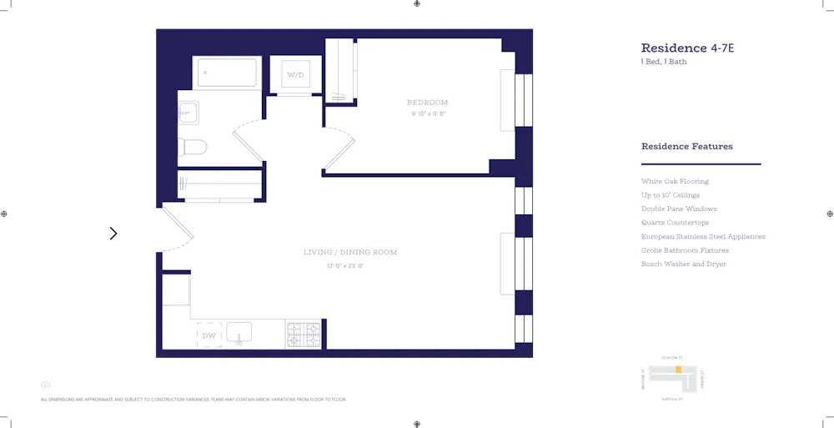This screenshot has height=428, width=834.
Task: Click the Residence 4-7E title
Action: (x=686, y=48)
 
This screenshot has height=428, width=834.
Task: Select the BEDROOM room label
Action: (x=427, y=103)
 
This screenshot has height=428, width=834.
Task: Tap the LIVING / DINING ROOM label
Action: (x=349, y=252)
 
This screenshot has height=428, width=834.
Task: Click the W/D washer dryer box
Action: (x=296, y=75)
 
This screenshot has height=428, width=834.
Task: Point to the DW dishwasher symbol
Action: (x=209, y=335)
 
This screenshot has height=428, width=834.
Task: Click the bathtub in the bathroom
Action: (x=227, y=73)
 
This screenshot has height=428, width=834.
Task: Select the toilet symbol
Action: (x=193, y=148)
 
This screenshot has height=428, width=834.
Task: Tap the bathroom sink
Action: (x=188, y=112)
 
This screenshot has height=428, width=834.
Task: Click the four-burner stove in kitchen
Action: (x=304, y=335)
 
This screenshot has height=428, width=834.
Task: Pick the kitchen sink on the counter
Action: (x=239, y=334)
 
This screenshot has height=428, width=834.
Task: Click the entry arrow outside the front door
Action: (x=113, y=234)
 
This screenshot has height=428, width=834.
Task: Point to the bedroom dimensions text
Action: (x=427, y=113)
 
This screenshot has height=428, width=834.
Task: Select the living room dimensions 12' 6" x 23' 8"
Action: (x=345, y=266)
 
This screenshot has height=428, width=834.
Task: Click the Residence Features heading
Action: (x=686, y=147)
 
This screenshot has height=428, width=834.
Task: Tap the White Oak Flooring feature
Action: (x=675, y=181)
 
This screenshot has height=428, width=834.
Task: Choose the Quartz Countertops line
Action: (x=675, y=223)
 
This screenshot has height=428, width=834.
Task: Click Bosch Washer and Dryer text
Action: (x=683, y=264)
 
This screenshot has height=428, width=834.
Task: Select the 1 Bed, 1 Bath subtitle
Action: (x=664, y=62)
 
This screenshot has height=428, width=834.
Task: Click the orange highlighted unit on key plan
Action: (x=679, y=369)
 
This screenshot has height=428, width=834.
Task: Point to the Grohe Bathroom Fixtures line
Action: (x=685, y=250)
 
